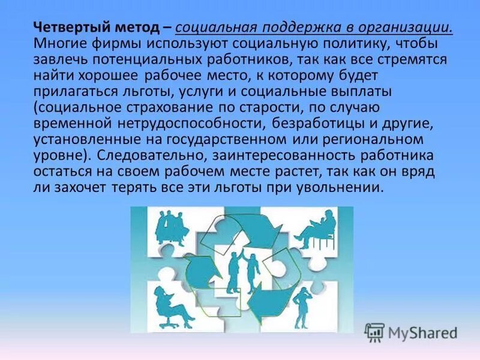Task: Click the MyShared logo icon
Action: click(x=374, y=332)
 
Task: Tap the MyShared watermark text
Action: click(x=423, y=332)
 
